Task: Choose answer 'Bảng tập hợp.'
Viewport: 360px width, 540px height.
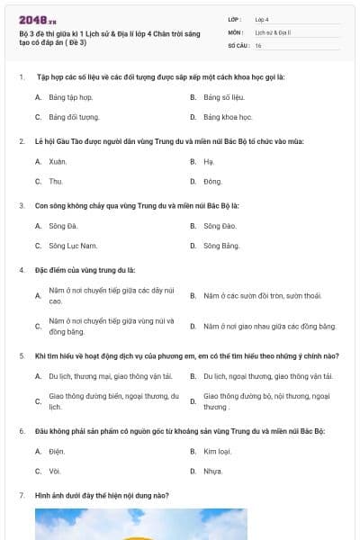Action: [x=71, y=96]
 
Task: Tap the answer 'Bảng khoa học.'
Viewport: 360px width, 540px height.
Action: [x=227, y=117]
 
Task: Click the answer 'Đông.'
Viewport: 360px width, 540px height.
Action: [x=213, y=181]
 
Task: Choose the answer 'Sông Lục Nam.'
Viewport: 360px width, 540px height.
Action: [x=72, y=245]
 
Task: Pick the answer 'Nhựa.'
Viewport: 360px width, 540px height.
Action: [x=213, y=470]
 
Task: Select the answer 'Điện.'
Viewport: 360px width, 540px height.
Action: [x=58, y=450]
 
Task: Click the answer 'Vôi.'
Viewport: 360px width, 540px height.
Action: [x=56, y=470]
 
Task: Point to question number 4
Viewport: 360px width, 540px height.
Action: [x=22, y=269]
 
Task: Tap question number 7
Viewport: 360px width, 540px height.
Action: [x=22, y=495]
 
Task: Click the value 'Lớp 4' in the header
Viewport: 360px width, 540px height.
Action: [x=262, y=19]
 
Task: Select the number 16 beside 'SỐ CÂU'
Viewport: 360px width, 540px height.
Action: [x=258, y=44]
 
